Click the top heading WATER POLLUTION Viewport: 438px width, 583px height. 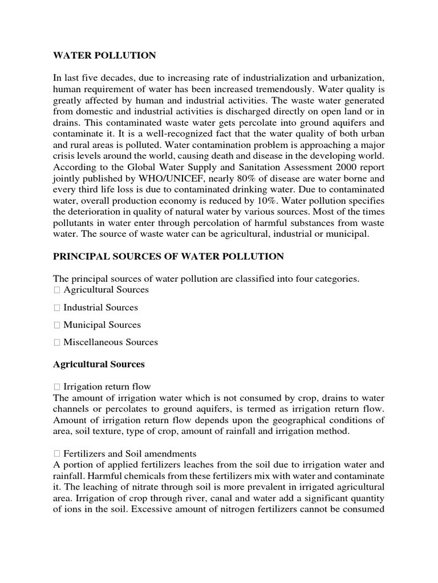click(x=104, y=56)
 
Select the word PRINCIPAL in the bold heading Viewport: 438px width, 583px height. click(x=77, y=257)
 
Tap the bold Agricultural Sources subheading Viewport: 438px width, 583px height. click(x=99, y=364)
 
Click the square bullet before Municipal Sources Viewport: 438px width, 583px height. click(x=56, y=325)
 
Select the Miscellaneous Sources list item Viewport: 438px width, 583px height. click(x=111, y=342)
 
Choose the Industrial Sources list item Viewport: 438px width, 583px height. click(x=100, y=307)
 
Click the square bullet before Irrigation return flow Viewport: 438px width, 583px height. click(x=56, y=387)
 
